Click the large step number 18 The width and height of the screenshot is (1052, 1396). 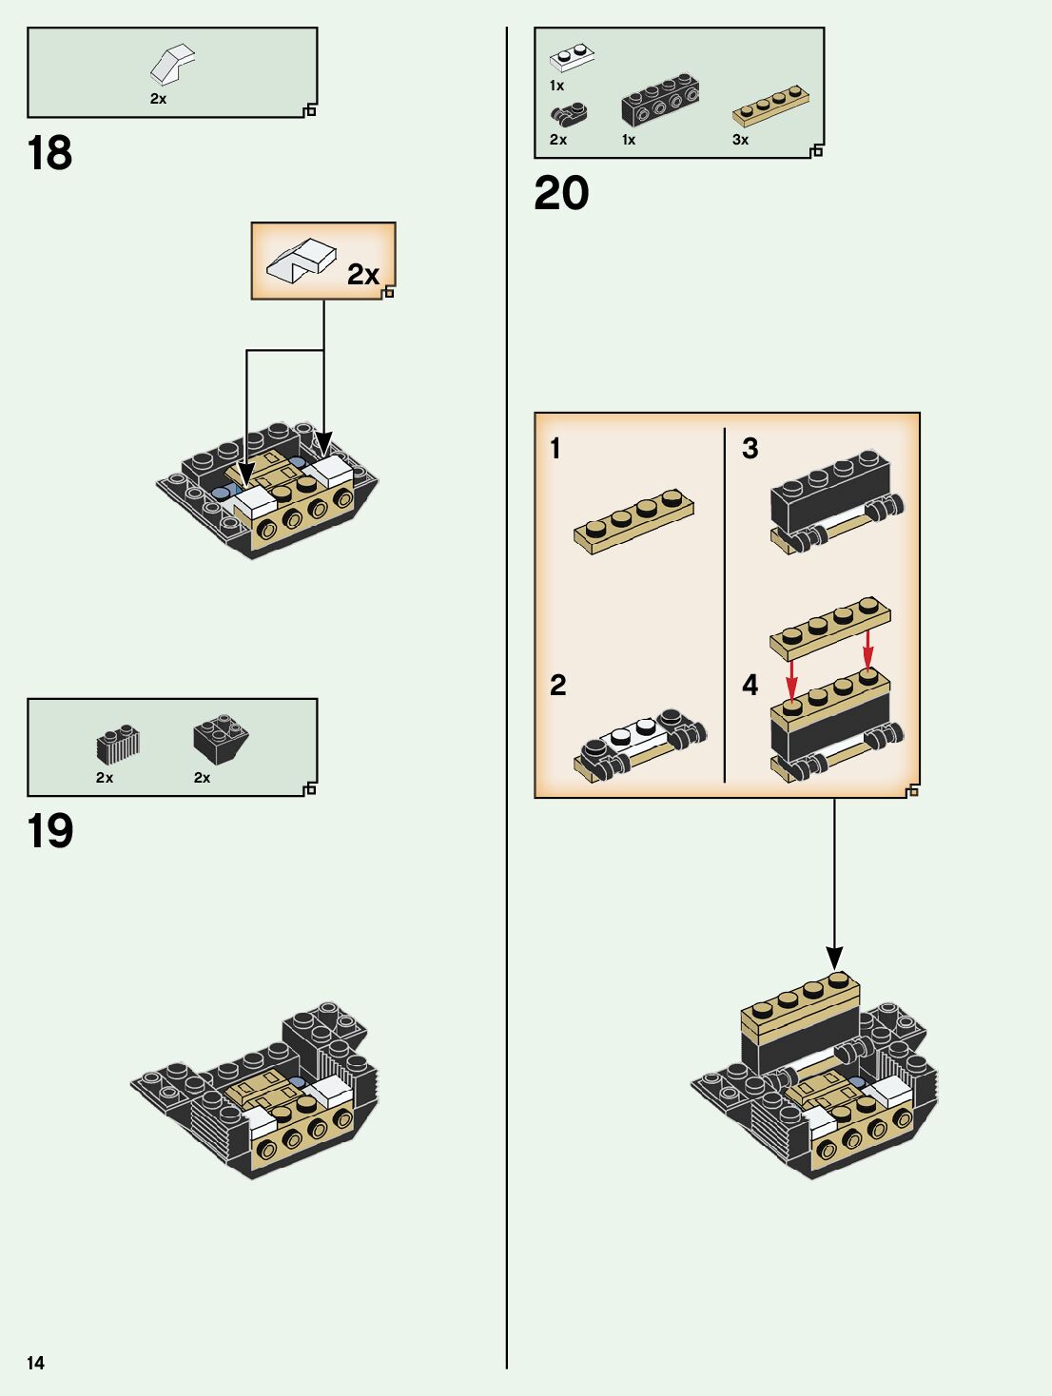(x=49, y=153)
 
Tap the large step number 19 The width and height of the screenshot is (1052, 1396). (x=50, y=831)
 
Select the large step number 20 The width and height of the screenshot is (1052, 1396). (x=561, y=193)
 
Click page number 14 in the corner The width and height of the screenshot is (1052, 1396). (x=35, y=1363)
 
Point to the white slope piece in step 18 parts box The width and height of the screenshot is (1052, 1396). (x=172, y=65)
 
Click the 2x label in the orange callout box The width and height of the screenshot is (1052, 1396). (x=362, y=275)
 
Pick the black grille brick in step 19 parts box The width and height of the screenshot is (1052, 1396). (x=118, y=746)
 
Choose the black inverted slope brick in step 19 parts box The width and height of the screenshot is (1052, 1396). (x=221, y=739)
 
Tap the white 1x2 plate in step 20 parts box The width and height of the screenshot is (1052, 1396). (x=572, y=58)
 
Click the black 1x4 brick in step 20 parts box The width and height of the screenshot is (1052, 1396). (x=660, y=100)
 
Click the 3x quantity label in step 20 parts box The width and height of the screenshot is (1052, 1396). (x=740, y=140)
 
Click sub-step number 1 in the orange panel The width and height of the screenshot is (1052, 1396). (x=555, y=449)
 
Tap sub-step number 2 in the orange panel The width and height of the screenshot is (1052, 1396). (x=557, y=685)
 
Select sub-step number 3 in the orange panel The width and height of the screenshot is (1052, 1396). (x=750, y=449)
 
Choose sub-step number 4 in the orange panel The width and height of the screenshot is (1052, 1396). (x=750, y=685)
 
